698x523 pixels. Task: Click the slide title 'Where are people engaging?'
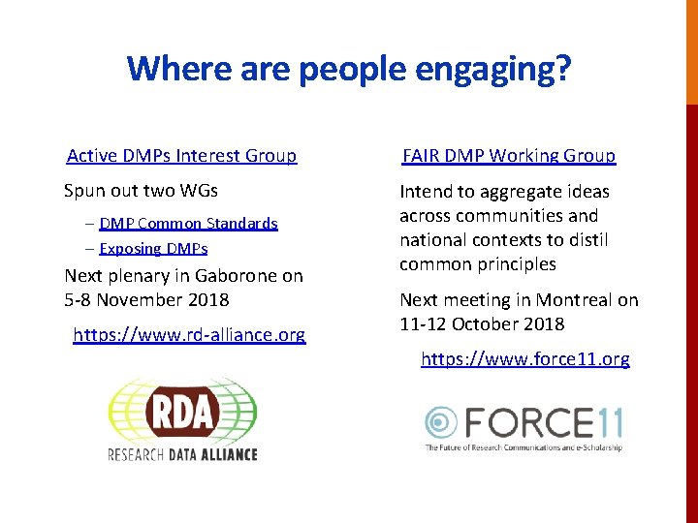(x=349, y=69)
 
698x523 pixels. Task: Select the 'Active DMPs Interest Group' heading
(x=181, y=156)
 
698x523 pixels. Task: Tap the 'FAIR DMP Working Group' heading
(x=509, y=156)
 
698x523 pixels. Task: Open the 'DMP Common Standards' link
(x=188, y=224)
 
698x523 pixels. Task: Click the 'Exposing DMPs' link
(x=153, y=249)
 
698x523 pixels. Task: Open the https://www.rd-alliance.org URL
(x=190, y=335)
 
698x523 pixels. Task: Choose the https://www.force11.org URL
(x=524, y=359)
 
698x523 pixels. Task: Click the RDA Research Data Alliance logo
(x=182, y=419)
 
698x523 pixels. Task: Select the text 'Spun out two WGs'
(x=141, y=191)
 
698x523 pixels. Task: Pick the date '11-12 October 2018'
(x=482, y=324)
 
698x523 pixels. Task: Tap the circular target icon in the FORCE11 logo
(x=442, y=422)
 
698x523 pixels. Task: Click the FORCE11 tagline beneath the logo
(x=523, y=447)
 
